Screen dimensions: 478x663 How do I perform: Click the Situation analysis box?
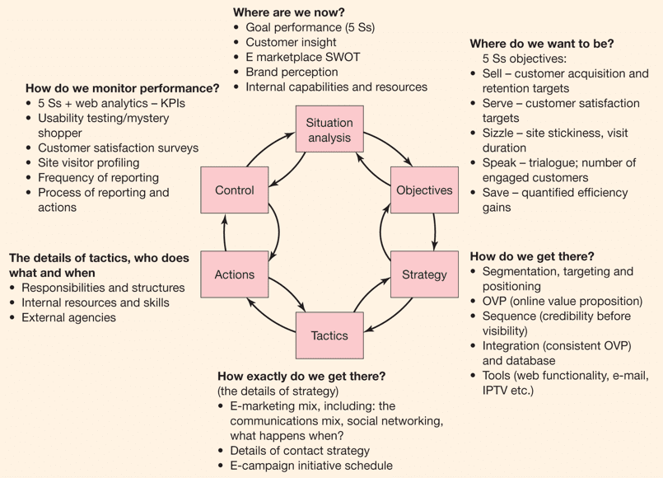329,130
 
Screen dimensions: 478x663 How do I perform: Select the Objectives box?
424,190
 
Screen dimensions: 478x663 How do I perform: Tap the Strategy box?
424,274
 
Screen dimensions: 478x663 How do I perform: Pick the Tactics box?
329,335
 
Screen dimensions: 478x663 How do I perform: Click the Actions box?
234,274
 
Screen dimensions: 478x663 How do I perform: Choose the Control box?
234,190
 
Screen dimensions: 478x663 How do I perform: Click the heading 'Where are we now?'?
289,12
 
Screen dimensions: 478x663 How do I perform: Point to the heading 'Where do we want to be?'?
541,44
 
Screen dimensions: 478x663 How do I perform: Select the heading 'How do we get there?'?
531,256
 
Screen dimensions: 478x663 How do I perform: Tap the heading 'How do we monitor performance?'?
122,88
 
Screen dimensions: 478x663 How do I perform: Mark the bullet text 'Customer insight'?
291,42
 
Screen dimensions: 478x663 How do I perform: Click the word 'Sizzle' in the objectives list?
499,133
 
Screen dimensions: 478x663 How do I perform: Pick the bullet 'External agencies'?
68,317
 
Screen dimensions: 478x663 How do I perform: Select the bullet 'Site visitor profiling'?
88,162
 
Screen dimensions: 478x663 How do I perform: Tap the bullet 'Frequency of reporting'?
98,177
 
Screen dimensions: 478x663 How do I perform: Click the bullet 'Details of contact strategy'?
300,451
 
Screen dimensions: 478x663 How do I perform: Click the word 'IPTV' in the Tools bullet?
497,390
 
